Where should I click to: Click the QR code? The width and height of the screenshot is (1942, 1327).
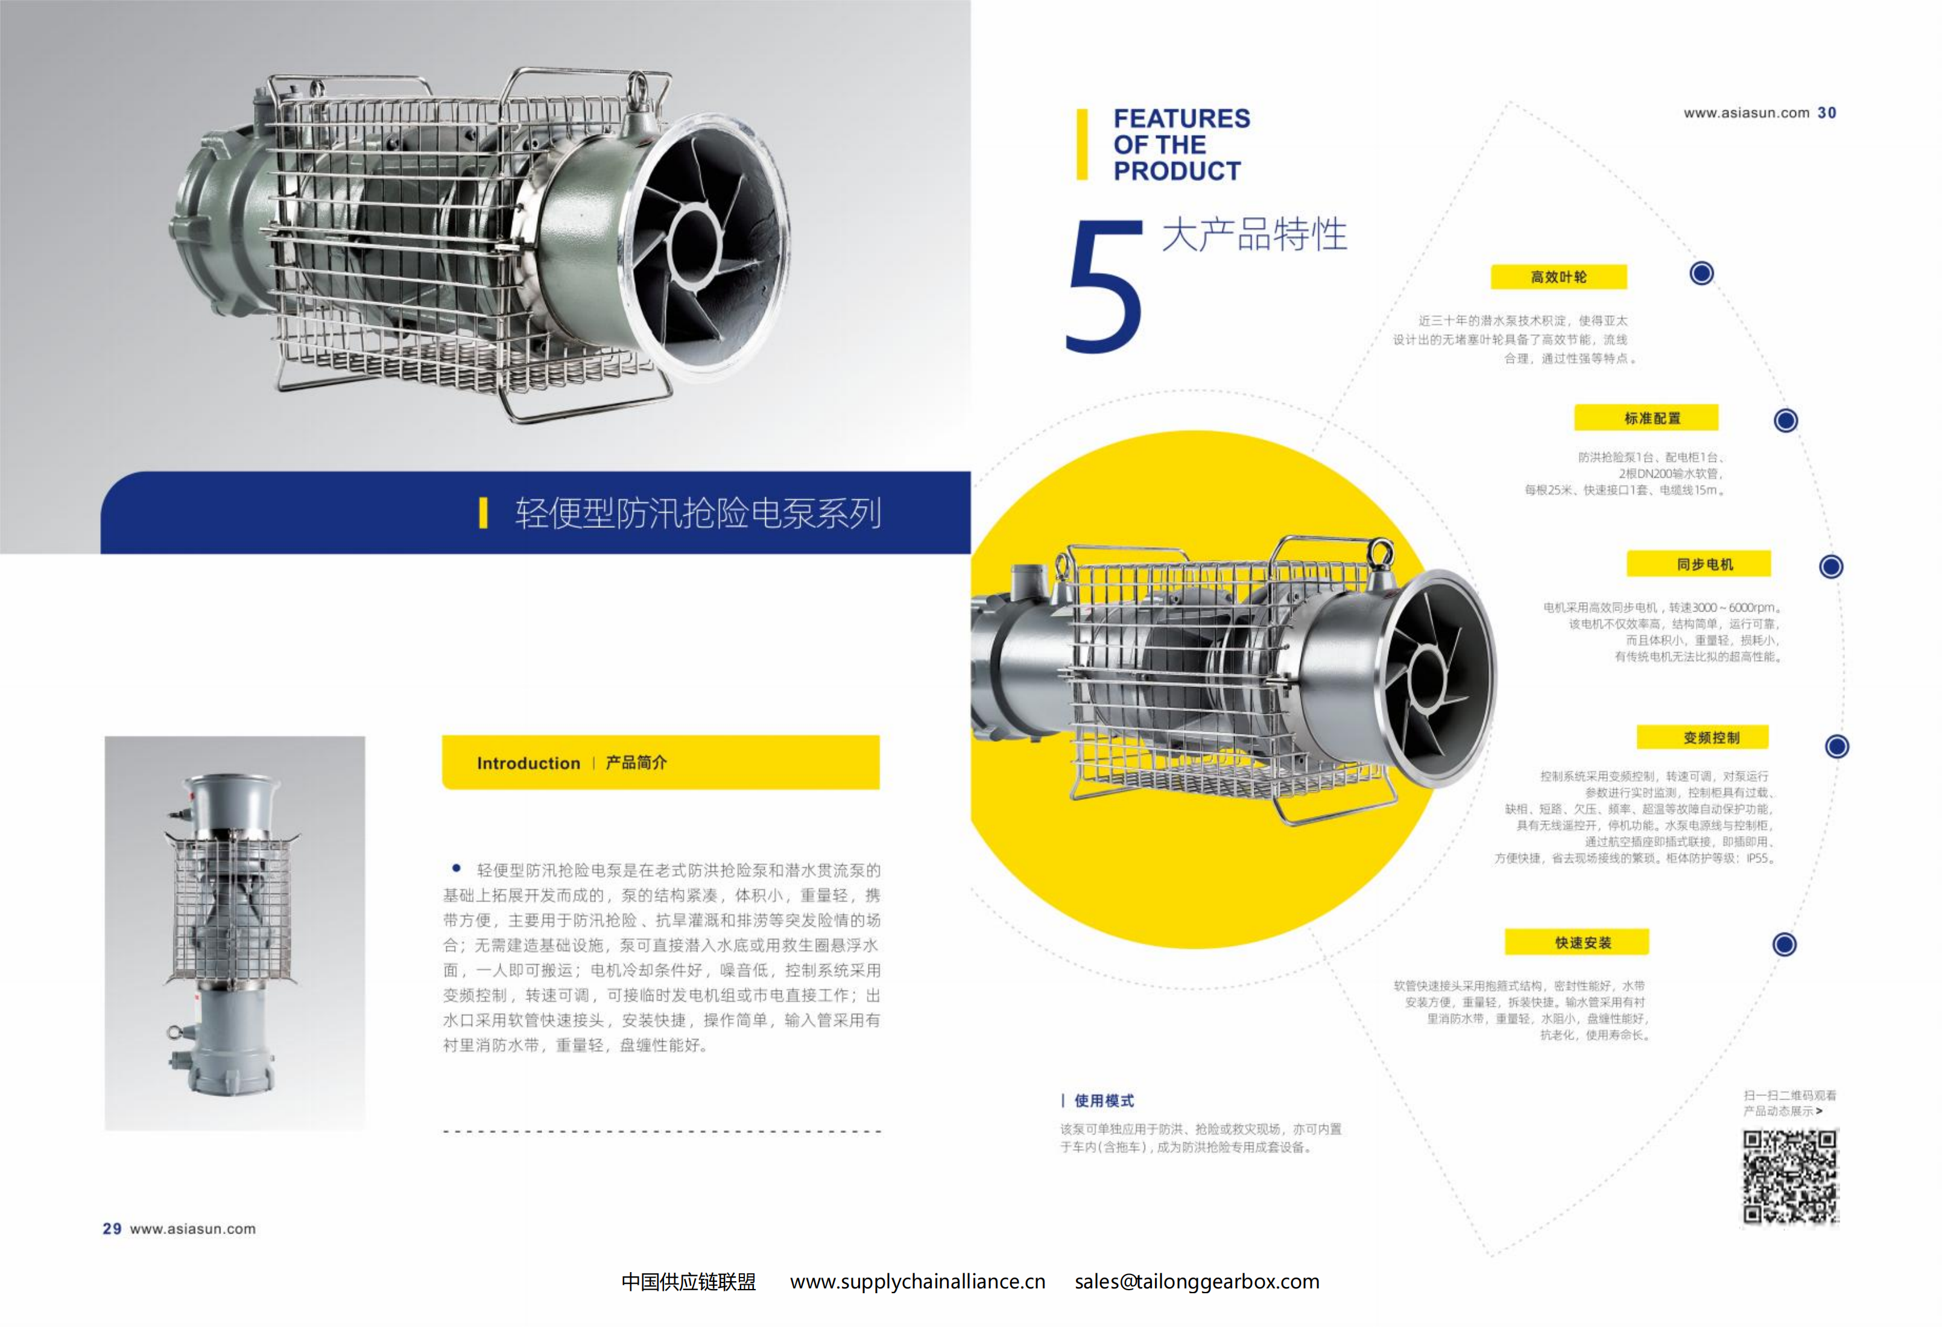click(1790, 1177)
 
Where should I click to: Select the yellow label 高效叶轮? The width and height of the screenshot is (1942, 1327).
click(1558, 277)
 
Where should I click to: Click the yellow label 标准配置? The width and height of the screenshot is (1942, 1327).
click(1646, 418)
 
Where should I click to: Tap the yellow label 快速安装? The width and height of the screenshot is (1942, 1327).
click(1577, 942)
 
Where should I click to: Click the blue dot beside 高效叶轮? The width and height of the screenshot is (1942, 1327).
click(1701, 273)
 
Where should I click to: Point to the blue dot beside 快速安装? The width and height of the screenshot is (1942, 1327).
click(1784, 944)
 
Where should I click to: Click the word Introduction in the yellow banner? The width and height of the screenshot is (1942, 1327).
click(528, 763)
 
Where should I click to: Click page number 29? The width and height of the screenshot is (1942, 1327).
click(112, 1229)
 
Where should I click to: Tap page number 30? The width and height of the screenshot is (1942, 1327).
click(1827, 113)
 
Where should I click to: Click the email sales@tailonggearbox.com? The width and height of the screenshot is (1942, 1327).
click(1197, 1282)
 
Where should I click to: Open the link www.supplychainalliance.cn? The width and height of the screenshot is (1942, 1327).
click(917, 1282)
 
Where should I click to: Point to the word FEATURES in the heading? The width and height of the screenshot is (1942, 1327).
click(1181, 119)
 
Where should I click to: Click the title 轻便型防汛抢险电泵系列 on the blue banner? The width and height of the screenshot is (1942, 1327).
click(698, 513)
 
